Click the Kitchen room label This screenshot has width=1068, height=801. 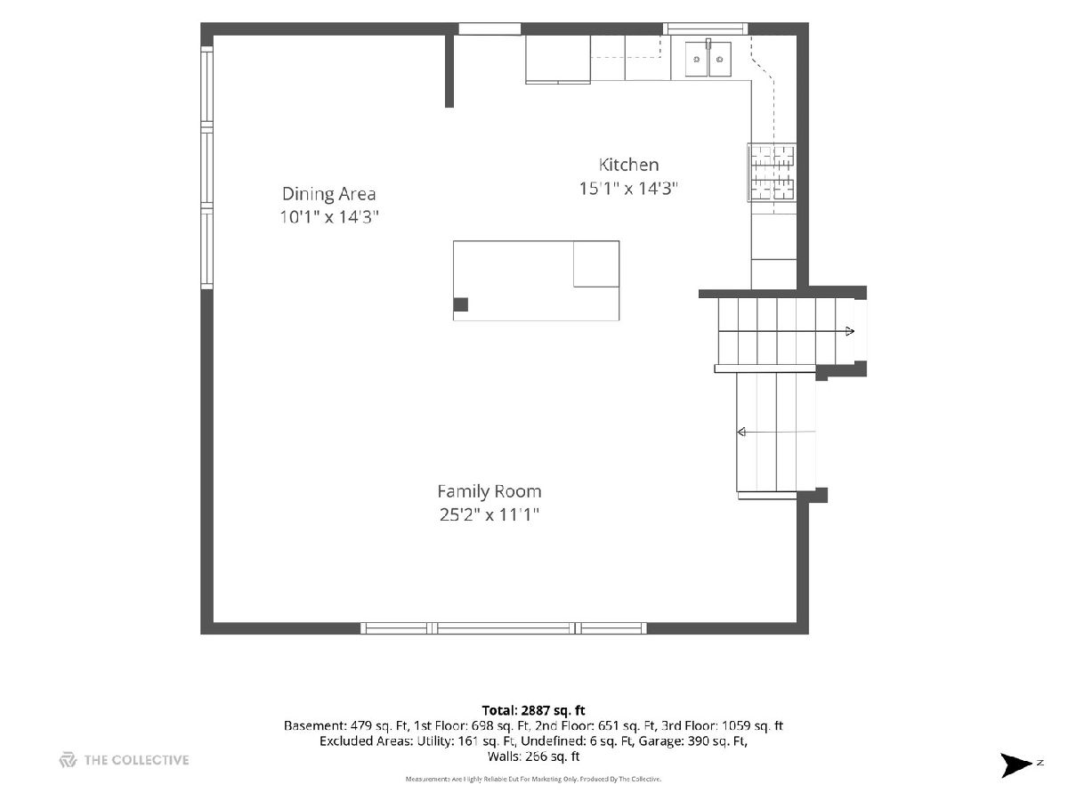(x=628, y=165)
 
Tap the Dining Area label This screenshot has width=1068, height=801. (x=329, y=194)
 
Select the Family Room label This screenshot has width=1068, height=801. (x=489, y=491)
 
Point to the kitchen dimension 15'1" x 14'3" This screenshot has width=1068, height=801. (x=628, y=188)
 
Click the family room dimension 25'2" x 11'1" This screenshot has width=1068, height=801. (x=489, y=514)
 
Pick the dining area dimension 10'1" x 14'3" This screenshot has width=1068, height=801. (x=329, y=217)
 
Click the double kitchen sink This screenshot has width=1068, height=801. (x=708, y=59)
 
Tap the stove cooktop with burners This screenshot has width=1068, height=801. (x=772, y=173)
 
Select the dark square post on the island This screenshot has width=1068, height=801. (x=460, y=304)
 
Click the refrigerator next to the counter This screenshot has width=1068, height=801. (x=558, y=60)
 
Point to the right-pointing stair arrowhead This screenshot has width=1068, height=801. (x=850, y=332)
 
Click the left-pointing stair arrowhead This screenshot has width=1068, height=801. (x=741, y=432)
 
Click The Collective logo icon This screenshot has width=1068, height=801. (x=68, y=760)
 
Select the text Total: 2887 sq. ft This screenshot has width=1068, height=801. (x=533, y=710)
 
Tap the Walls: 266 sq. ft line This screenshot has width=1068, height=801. (x=533, y=756)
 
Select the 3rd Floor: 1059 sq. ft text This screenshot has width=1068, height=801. (x=722, y=726)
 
